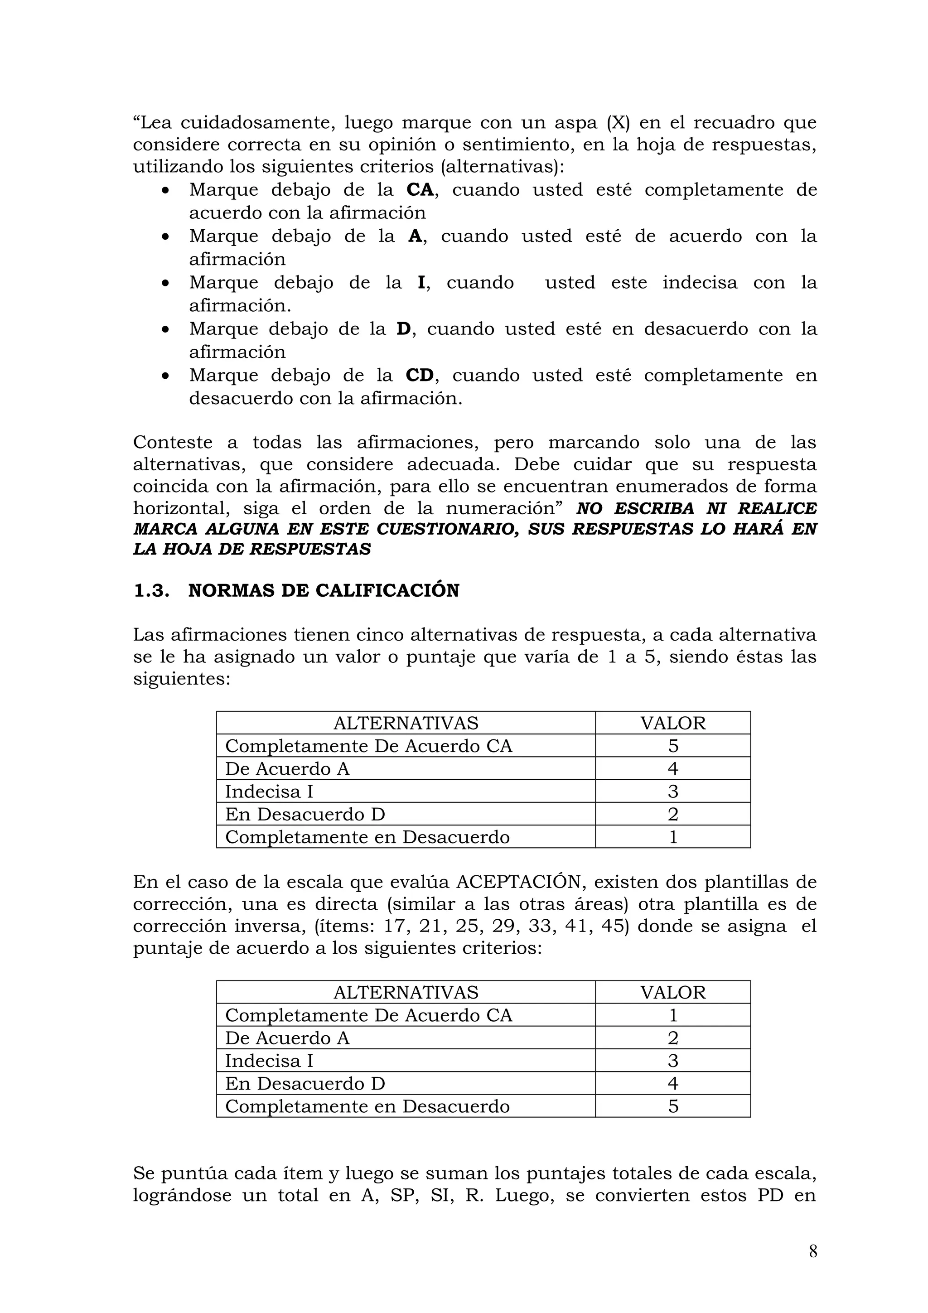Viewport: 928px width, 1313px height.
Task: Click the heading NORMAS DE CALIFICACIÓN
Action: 324,590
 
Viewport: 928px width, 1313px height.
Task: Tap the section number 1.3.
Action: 151,590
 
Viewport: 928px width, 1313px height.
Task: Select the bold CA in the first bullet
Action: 420,190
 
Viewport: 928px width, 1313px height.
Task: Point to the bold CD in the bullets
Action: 420,375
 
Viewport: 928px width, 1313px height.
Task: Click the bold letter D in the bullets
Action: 403,329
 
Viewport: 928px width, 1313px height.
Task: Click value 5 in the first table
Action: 672,746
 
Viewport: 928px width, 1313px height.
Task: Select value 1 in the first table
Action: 672,837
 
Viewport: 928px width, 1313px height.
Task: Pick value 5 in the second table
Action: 672,1106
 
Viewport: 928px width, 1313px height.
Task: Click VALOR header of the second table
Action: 672,992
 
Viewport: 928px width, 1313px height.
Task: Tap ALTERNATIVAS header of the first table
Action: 406,723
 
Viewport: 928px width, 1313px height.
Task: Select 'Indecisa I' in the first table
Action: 269,792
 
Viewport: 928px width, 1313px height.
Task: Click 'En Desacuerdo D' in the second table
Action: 305,1083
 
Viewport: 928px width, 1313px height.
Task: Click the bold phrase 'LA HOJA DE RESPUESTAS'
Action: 251,549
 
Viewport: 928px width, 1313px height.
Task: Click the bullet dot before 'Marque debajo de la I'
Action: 165,283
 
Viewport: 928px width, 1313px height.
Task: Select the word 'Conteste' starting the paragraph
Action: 172,443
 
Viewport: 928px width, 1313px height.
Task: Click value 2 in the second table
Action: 672,1038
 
